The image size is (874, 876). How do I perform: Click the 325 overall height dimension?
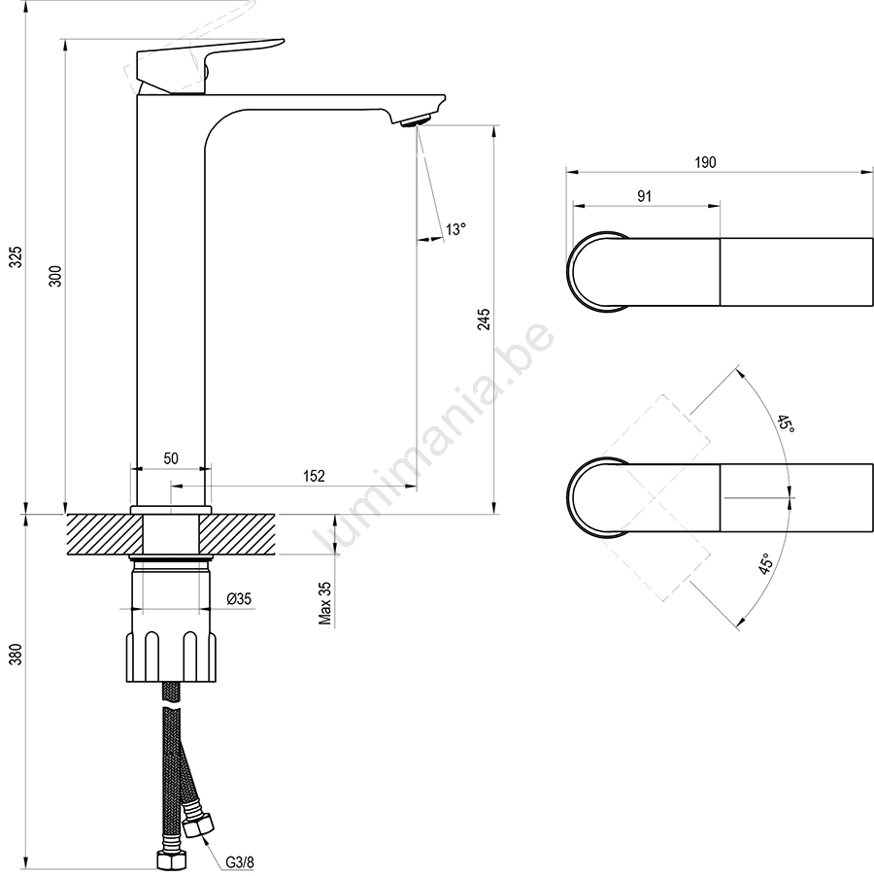click(x=17, y=256)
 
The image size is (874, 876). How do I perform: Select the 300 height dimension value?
click(x=56, y=276)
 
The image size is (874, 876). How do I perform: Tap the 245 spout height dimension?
click(x=484, y=319)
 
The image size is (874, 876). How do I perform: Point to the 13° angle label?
click(x=455, y=229)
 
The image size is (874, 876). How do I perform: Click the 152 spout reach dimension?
click(x=314, y=476)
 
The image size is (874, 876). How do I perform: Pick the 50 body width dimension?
click(x=171, y=458)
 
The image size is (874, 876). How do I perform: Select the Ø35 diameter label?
click(x=239, y=599)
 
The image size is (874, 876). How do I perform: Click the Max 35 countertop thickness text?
click(x=325, y=603)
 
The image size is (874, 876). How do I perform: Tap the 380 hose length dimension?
click(x=17, y=654)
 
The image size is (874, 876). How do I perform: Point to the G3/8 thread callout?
click(x=240, y=862)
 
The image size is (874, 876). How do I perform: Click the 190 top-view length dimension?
click(x=705, y=162)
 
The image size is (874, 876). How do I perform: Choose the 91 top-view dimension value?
click(x=645, y=196)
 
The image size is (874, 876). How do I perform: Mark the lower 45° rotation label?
click(x=766, y=563)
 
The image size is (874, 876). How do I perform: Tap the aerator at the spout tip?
click(x=416, y=120)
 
